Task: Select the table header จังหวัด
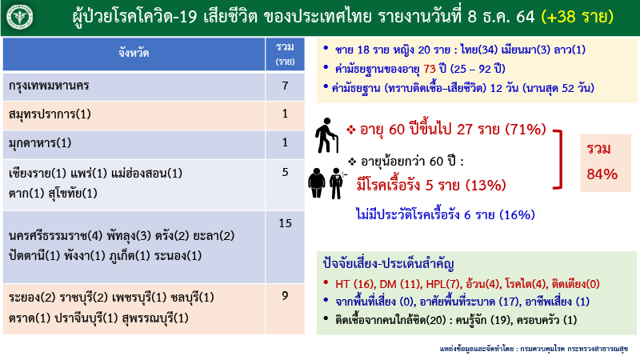coord(134,54)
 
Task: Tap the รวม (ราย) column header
coord(284,54)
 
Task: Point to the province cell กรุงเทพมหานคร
coord(50,86)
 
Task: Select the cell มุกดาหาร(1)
coord(39,143)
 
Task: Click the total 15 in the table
coord(284,223)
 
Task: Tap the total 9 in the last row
coord(284,296)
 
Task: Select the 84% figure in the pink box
coord(602,174)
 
